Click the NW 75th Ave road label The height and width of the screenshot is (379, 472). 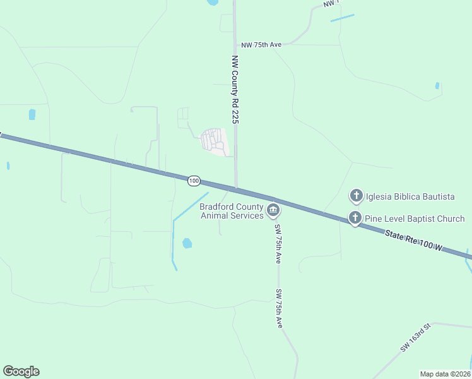tap(262, 45)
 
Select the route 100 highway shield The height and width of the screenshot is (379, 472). tap(194, 181)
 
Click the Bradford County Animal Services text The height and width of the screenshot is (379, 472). tap(232, 211)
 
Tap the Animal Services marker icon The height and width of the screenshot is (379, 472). tap(273, 210)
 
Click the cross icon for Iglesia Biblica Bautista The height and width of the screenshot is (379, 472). tap(357, 196)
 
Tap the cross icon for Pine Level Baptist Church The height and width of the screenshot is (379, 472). tap(355, 219)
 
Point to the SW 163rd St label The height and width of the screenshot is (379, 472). tap(415, 337)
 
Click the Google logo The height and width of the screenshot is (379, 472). tap(21, 371)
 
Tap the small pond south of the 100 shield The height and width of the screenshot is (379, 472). tap(187, 243)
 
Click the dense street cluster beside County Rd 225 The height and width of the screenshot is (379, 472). tap(213, 141)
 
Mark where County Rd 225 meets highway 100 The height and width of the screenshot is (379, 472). tap(237, 187)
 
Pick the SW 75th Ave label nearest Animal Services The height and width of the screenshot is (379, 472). tap(277, 243)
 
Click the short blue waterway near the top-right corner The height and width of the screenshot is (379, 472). tap(342, 18)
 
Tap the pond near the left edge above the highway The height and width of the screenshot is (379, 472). tap(32, 114)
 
